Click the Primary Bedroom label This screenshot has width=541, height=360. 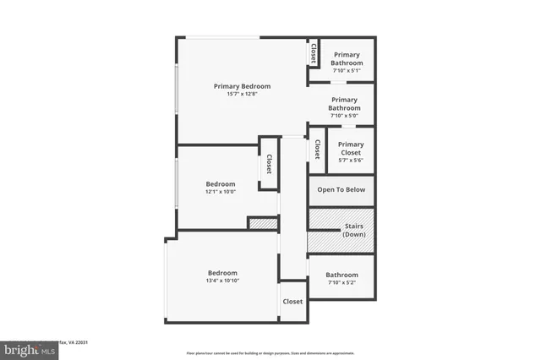click(x=242, y=86)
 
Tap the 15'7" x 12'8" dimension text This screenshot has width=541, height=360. click(x=242, y=94)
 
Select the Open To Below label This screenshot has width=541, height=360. click(x=342, y=190)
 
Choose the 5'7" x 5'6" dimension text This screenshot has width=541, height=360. click(x=351, y=160)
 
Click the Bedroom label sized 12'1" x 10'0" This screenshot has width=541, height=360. click(x=221, y=183)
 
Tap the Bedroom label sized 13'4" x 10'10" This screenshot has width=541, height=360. click(x=222, y=272)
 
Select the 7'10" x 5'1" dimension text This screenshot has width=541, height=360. click(x=347, y=71)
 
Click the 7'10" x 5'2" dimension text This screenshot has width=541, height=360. click(x=342, y=282)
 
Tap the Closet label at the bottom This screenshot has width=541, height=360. click(x=292, y=302)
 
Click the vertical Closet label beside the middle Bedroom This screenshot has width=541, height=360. click(x=269, y=162)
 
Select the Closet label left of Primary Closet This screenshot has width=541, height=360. click(x=316, y=150)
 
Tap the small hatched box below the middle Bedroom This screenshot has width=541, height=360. click(x=262, y=223)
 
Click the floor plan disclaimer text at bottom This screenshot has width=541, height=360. click(x=270, y=352)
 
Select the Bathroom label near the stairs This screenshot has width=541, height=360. click(x=342, y=275)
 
